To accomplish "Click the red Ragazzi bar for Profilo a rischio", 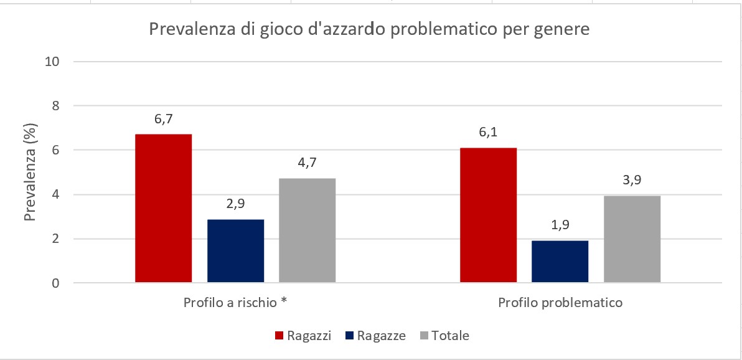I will [x=163, y=209].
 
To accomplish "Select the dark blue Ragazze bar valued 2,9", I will [x=235, y=251].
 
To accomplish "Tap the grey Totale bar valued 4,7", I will [x=307, y=230].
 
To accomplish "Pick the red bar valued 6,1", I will [x=488, y=216].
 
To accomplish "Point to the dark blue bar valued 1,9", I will [x=560, y=262].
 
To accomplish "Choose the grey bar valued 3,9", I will [x=632, y=239].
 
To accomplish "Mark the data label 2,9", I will [x=235, y=205].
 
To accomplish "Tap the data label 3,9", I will [x=632, y=181].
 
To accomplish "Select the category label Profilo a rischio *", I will [x=235, y=303].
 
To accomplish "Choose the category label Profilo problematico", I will [x=560, y=303].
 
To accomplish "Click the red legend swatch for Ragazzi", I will [x=279, y=336].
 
